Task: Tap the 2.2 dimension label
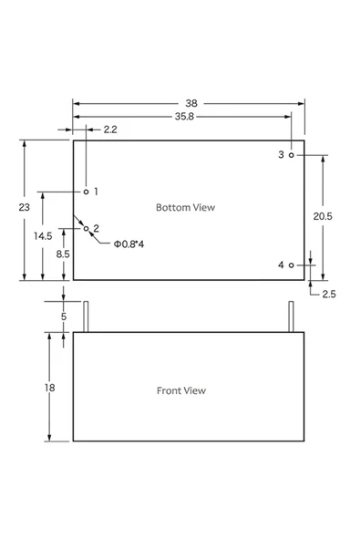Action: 109,130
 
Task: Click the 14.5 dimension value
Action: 43,235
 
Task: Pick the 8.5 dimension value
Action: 63,254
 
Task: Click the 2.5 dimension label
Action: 329,294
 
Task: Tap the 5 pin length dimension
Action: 63,317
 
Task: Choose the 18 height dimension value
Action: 50,388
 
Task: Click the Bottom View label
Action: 185,207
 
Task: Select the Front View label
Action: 181,390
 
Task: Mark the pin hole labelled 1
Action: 87,192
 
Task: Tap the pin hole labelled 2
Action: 87,228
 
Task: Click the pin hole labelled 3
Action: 291,155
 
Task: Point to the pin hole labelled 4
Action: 291,265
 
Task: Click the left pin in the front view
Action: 87,317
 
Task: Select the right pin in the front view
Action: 291,317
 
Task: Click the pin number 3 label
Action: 281,155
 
